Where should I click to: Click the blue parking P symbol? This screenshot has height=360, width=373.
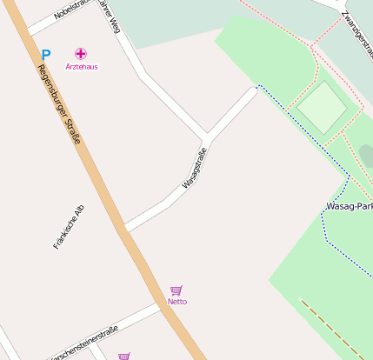click(46, 54)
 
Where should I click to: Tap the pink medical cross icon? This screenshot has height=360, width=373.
click(81, 54)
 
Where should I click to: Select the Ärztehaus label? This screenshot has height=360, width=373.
click(82, 66)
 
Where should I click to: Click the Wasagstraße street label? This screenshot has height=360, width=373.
click(195, 170)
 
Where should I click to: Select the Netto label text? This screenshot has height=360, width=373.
click(177, 302)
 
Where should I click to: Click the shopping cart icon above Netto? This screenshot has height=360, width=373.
click(177, 290)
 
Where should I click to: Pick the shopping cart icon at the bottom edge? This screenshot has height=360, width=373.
click(124, 356)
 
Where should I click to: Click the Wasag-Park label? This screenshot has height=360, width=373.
click(350, 207)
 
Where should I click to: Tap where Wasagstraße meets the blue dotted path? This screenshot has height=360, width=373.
click(257, 86)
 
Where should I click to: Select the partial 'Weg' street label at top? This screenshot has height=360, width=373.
click(110, 15)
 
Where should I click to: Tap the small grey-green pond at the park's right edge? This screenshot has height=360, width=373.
click(366, 156)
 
